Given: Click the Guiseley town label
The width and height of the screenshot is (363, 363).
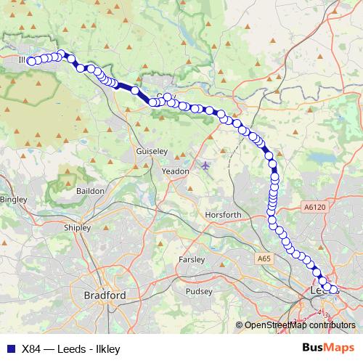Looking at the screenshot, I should (152, 151).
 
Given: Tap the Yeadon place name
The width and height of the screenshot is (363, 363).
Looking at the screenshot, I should (175, 171).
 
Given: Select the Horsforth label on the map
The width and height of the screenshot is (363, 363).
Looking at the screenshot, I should (223, 215).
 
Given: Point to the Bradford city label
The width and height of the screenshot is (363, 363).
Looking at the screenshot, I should (105, 295).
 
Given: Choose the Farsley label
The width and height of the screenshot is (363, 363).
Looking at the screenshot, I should (192, 259).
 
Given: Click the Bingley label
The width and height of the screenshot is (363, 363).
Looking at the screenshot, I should (13, 198).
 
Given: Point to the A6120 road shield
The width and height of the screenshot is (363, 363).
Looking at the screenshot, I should (314, 207).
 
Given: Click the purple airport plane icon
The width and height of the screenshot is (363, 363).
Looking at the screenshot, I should (205, 166).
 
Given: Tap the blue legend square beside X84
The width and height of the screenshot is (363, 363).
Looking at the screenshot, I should (10, 348).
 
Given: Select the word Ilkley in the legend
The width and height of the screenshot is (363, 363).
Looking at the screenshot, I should (106, 348).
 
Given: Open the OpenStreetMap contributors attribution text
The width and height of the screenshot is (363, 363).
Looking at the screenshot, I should (299, 325).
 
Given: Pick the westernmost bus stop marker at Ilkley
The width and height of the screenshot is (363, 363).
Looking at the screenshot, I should (31, 61).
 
